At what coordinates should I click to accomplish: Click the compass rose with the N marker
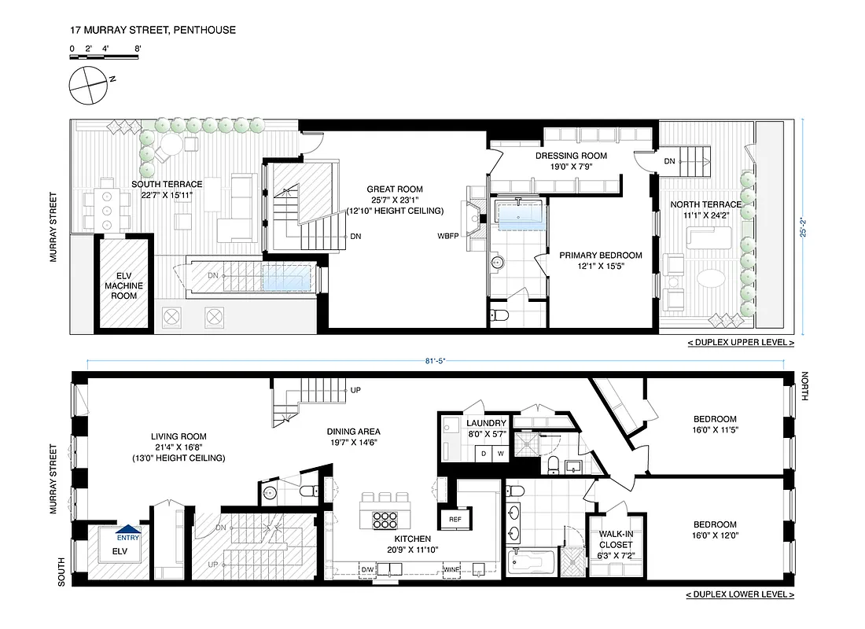(x=86, y=84)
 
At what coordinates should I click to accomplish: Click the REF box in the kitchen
(x=455, y=520)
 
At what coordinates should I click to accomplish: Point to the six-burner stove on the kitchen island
(x=384, y=522)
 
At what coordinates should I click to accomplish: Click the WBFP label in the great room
(x=449, y=235)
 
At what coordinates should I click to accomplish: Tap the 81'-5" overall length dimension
(x=436, y=362)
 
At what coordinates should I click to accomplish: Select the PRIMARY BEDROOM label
(x=601, y=260)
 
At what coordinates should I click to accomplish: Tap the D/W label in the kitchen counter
(x=368, y=568)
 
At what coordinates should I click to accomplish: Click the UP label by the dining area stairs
(x=355, y=390)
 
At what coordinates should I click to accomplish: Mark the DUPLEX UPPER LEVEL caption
(x=740, y=343)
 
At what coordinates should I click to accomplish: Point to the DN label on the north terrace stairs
(x=670, y=161)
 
